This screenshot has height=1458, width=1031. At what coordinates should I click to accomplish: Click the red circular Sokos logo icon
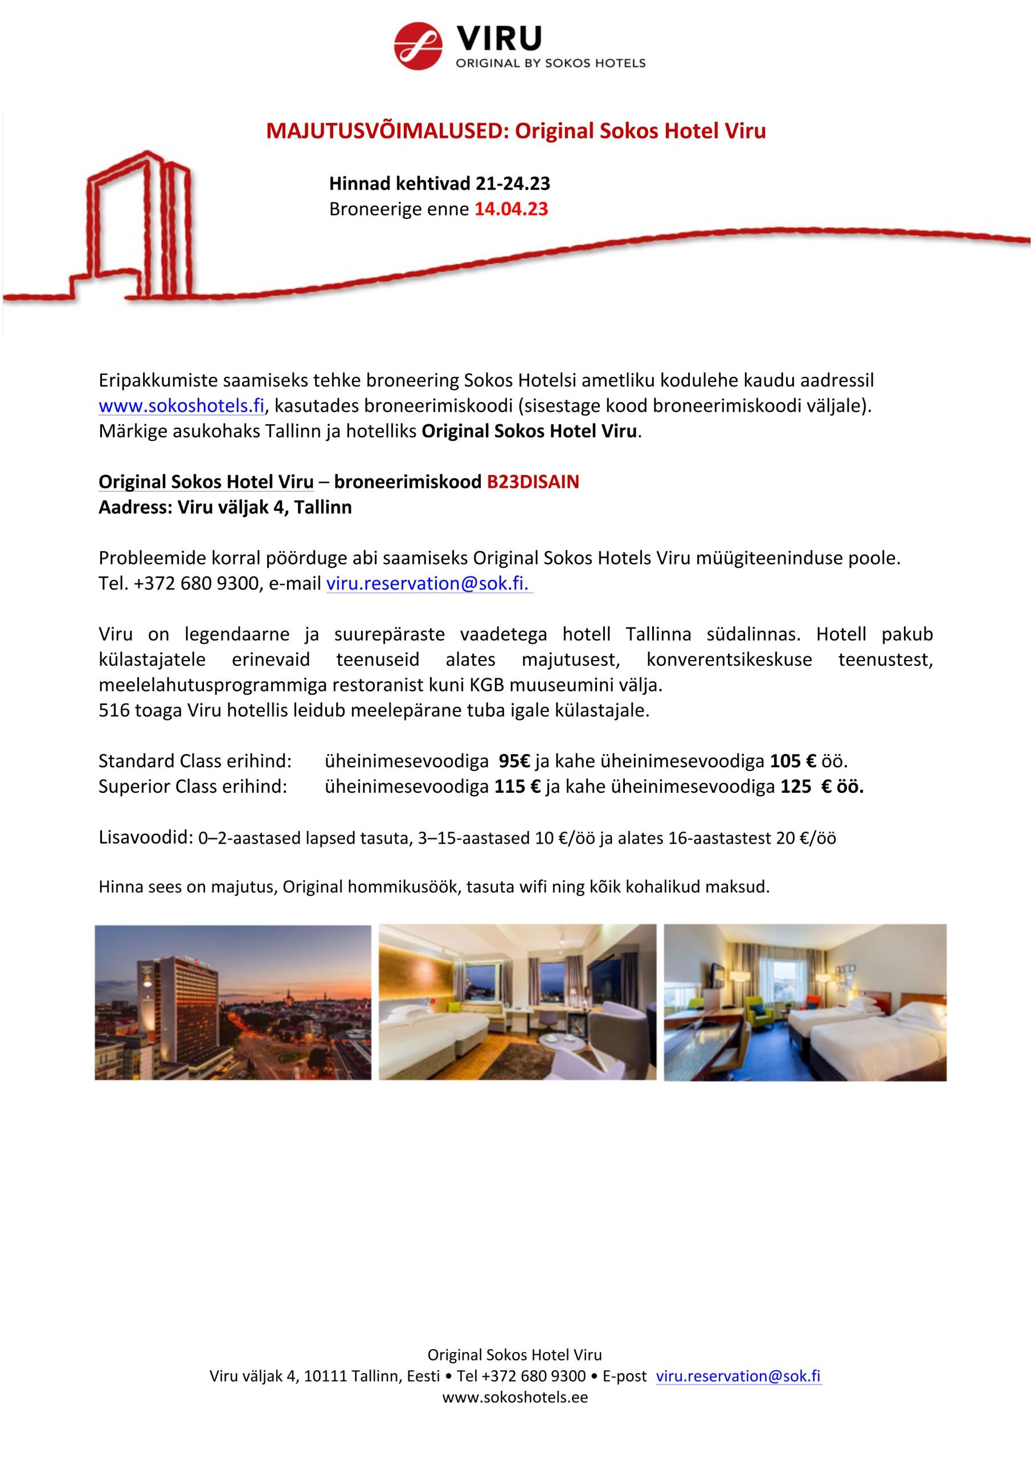pos(418,46)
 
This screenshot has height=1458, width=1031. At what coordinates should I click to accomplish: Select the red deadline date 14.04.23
pos(511,209)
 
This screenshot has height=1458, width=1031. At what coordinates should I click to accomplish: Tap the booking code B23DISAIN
pos(533,482)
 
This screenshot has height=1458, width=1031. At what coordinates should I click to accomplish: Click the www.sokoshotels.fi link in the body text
pos(181,406)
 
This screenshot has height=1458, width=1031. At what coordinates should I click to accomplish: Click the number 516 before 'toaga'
pos(114,710)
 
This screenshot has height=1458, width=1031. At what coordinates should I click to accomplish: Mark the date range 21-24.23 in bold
pos(512,183)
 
